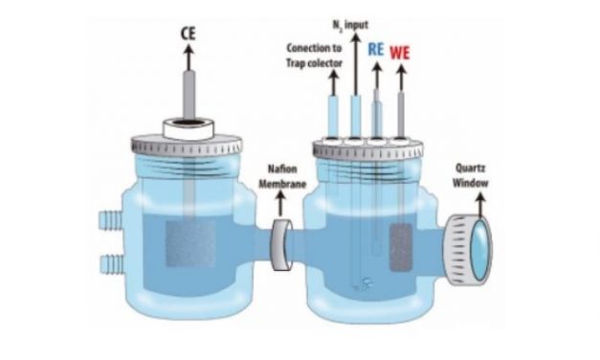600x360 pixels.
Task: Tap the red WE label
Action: pos(399,51)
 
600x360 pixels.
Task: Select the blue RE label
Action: pos(375,51)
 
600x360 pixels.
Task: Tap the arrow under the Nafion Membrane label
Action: pos(280,203)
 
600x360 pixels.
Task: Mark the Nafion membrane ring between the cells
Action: pos(281,243)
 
